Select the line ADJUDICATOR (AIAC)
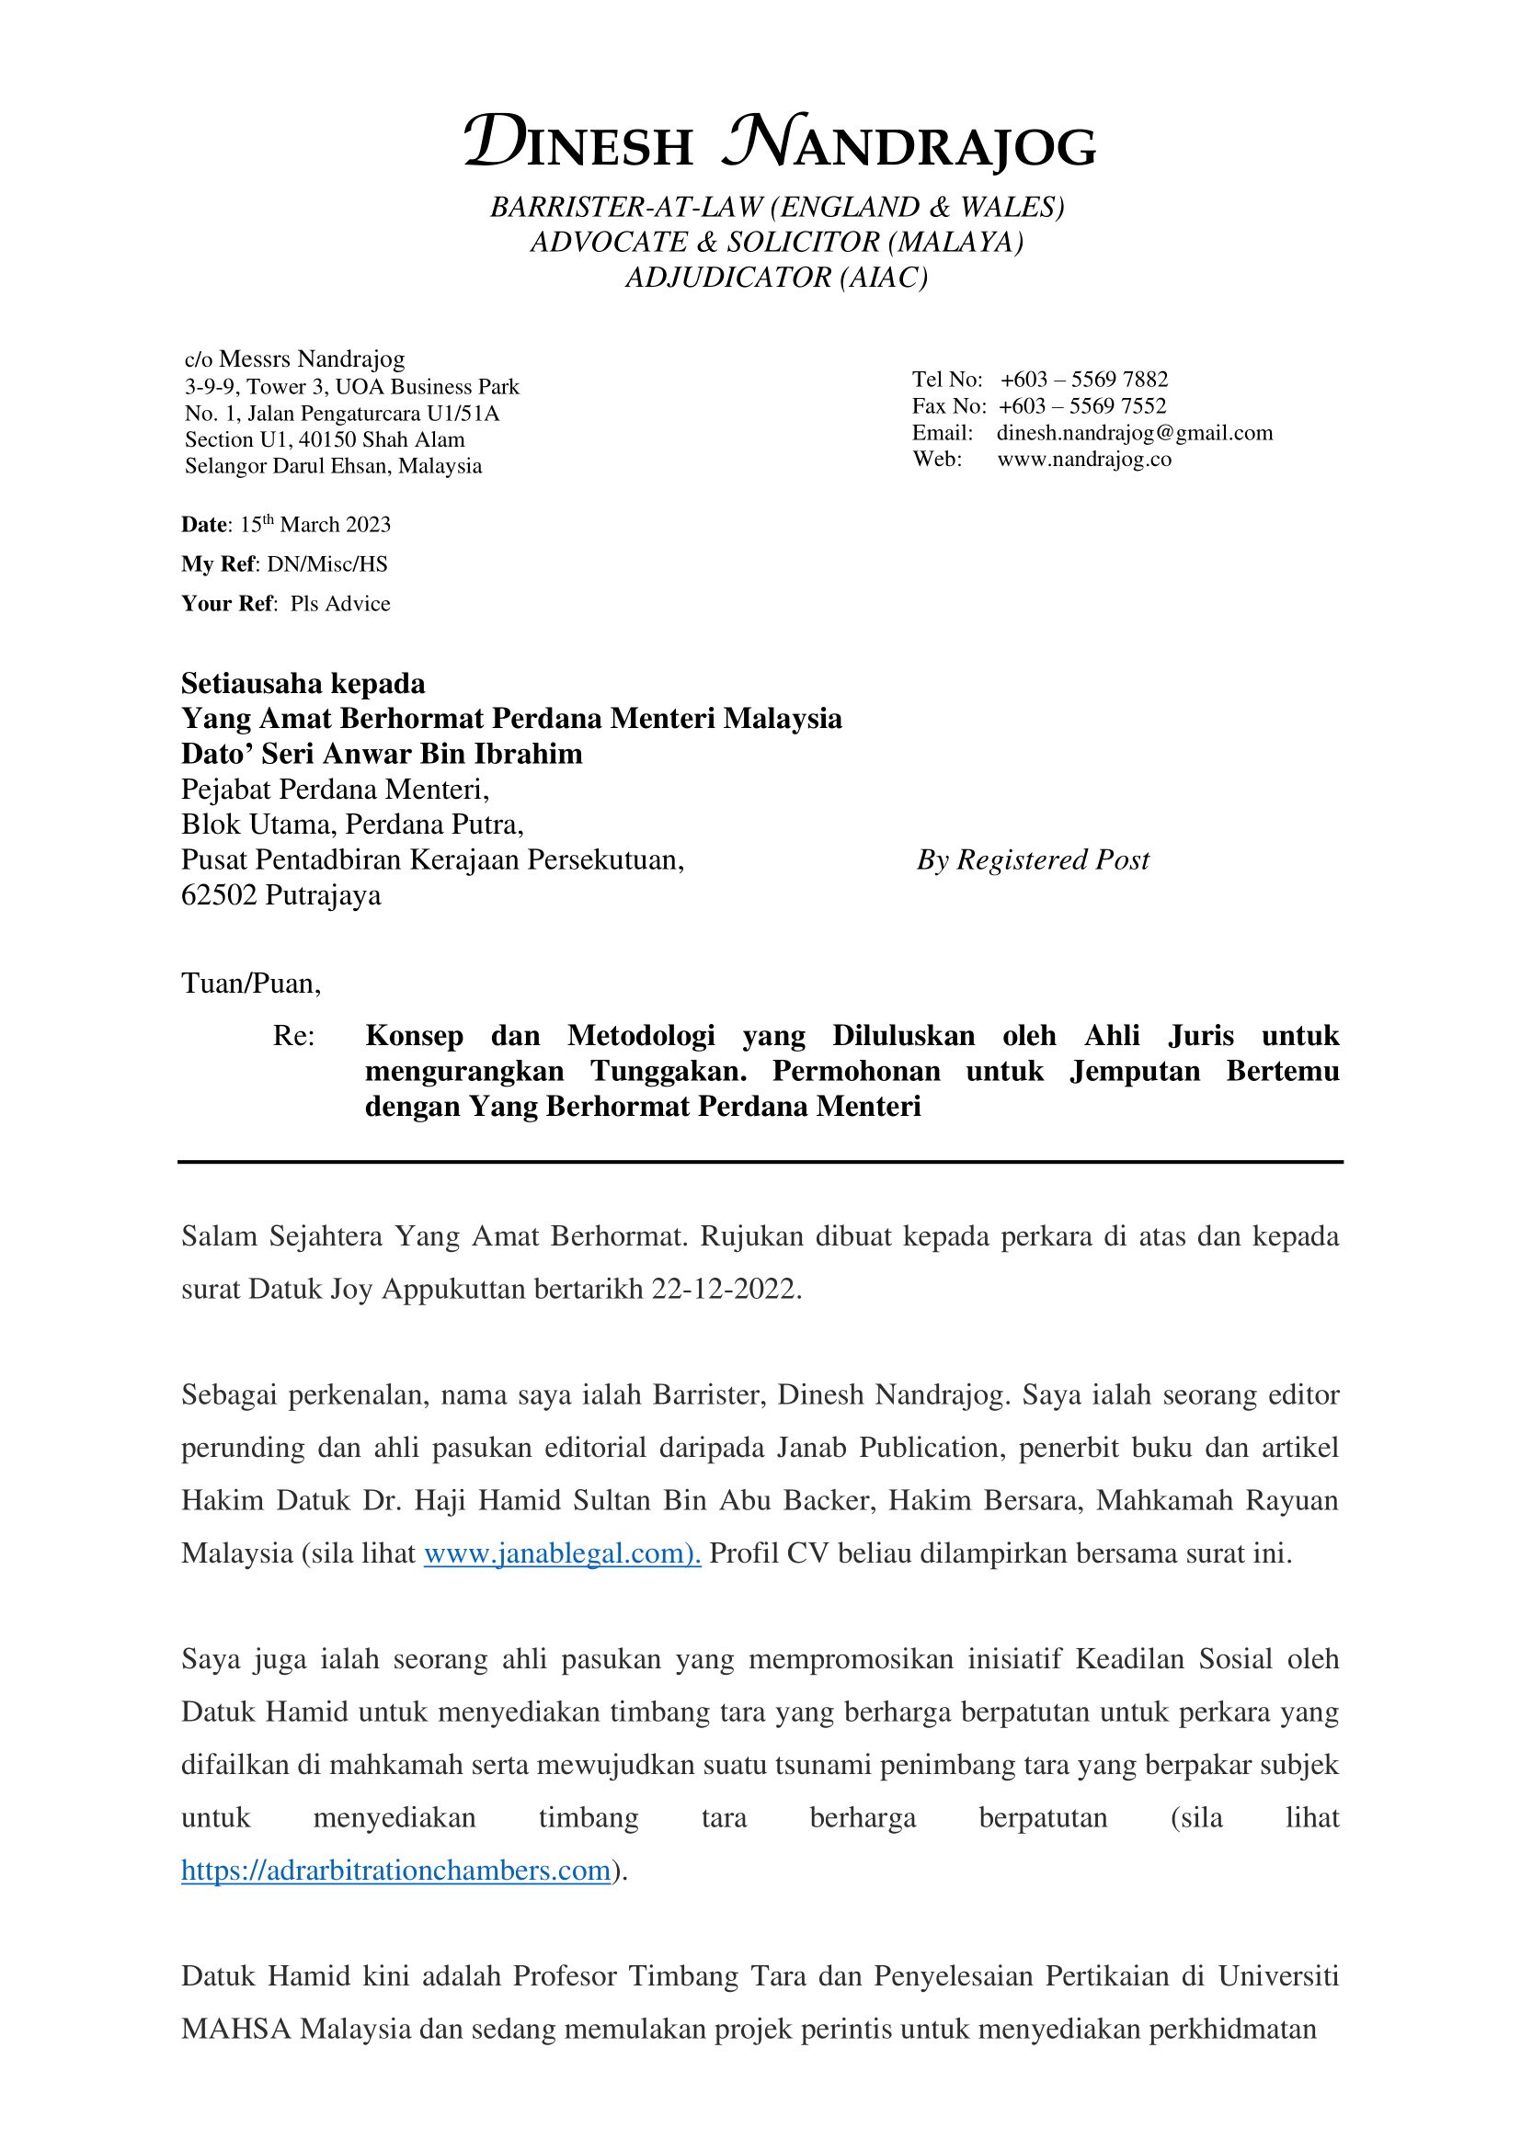pos(776,278)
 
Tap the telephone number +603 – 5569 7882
pos(1083,380)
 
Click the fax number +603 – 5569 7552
pos(1081,405)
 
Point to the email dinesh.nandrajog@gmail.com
pos(1134,433)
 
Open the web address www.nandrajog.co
pos(1083,459)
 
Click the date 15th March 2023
pos(314,524)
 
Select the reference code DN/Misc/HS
pos(326,563)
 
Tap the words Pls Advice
pos(340,603)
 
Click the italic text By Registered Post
pos(1032,859)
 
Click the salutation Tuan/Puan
pos(250,984)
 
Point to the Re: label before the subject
pos(294,1036)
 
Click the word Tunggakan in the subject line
pos(668,1070)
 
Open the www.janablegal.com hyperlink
pos(562,1553)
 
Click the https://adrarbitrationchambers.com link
pos(395,1870)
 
